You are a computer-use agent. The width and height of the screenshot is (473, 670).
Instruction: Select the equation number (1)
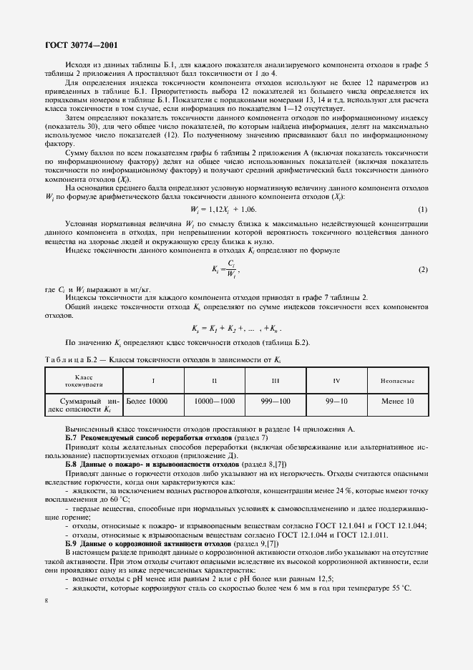[x=423, y=208]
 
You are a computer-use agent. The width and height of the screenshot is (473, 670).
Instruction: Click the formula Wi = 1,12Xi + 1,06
[x=223, y=208]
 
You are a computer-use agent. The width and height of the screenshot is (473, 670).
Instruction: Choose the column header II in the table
[x=214, y=380]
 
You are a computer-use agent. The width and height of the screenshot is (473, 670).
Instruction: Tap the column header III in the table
[x=275, y=380]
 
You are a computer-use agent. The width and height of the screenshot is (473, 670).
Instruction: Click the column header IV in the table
[x=336, y=380]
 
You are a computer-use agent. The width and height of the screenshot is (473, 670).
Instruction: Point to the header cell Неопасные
[x=398, y=380]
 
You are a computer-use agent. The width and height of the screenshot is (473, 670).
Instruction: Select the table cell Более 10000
[x=145, y=402]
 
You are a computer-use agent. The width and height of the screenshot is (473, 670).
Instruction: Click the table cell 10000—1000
[x=214, y=402]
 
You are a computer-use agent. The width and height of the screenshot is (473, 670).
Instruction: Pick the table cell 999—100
[x=275, y=402]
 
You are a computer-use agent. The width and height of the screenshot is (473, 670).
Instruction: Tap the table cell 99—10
[x=336, y=402]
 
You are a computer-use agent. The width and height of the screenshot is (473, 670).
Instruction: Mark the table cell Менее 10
[x=398, y=402]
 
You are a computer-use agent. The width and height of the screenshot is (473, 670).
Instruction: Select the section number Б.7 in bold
[x=72, y=437]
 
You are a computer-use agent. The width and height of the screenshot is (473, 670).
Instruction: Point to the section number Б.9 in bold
[x=72, y=545]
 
